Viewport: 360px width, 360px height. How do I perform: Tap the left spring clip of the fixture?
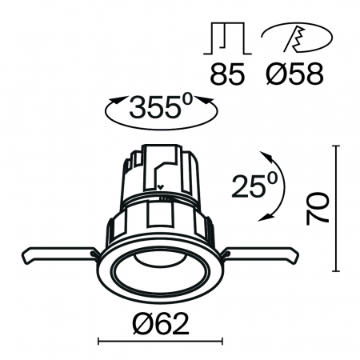coord(60,255)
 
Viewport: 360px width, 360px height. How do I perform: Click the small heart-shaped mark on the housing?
coord(161,190)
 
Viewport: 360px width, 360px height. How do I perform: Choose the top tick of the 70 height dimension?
coord(335,145)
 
